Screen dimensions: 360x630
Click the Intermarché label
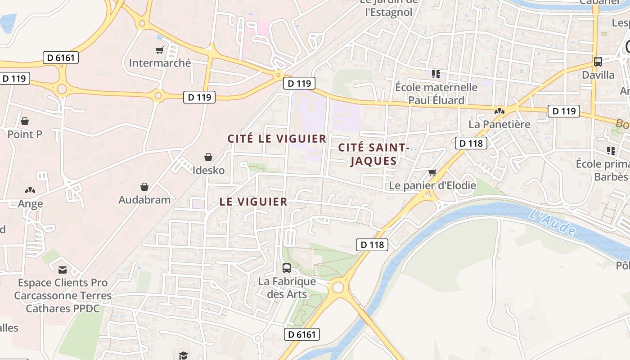[160, 63]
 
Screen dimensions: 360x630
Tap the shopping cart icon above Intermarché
[159, 50]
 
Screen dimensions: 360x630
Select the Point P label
[25, 134]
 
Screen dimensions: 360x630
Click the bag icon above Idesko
[208, 157]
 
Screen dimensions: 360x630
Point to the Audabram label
[144, 200]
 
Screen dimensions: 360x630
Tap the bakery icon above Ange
[30, 190]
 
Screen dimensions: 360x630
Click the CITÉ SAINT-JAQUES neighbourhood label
[373, 154]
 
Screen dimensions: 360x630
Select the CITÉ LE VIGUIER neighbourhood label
[277, 139]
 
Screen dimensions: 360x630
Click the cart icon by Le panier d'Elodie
[432, 172]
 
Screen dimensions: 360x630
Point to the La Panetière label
[499, 124]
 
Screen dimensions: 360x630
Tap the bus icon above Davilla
[598, 62]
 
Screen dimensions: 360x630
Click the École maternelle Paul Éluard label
[436, 93]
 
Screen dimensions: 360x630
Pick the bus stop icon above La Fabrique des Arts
[287, 268]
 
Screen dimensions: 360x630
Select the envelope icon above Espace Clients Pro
[63, 270]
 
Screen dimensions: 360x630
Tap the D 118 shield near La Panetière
[471, 143]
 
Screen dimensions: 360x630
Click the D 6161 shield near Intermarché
[61, 58]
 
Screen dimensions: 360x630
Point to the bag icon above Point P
[25, 121]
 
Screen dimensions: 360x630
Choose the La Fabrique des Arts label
[287, 288]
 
